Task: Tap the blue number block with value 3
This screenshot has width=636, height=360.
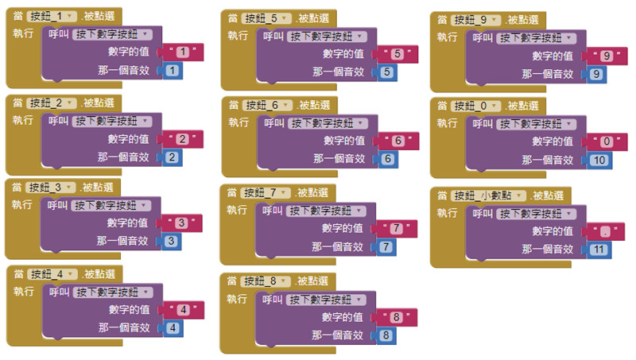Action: click(x=170, y=241)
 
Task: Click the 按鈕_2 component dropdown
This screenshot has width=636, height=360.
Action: click(x=52, y=103)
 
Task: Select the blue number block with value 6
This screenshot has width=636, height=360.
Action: click(x=386, y=159)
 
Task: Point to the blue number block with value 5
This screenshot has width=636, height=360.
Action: click(x=386, y=72)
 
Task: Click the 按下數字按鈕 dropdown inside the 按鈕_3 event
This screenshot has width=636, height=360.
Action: click(x=104, y=205)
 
